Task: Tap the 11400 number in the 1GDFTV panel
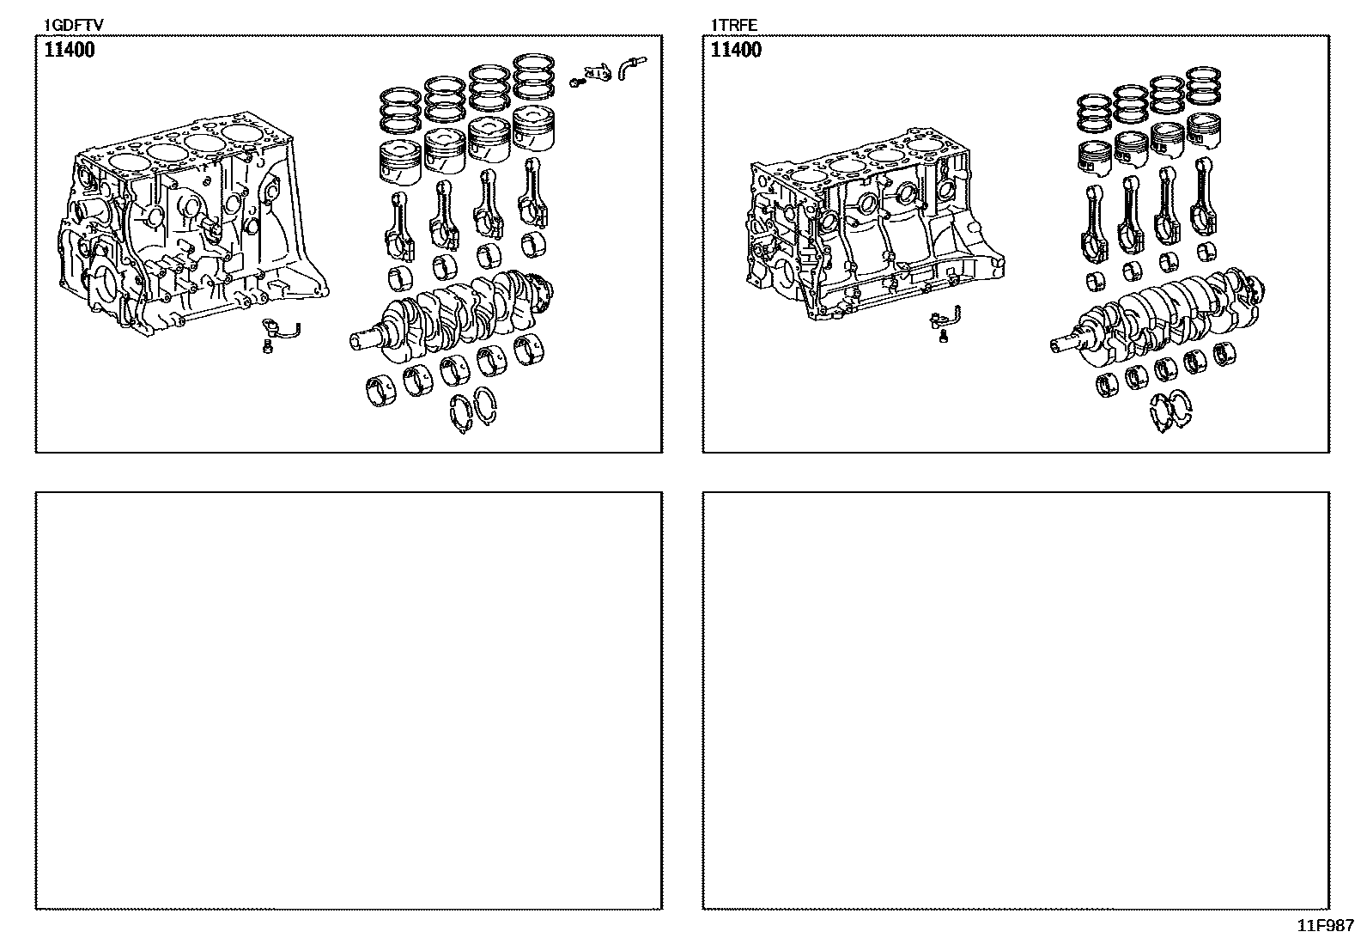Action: coord(70,50)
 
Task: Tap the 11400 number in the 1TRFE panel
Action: coord(736,50)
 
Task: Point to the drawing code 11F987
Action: coord(1325,926)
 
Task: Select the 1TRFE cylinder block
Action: coord(867,228)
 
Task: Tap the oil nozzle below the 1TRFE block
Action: coord(941,322)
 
